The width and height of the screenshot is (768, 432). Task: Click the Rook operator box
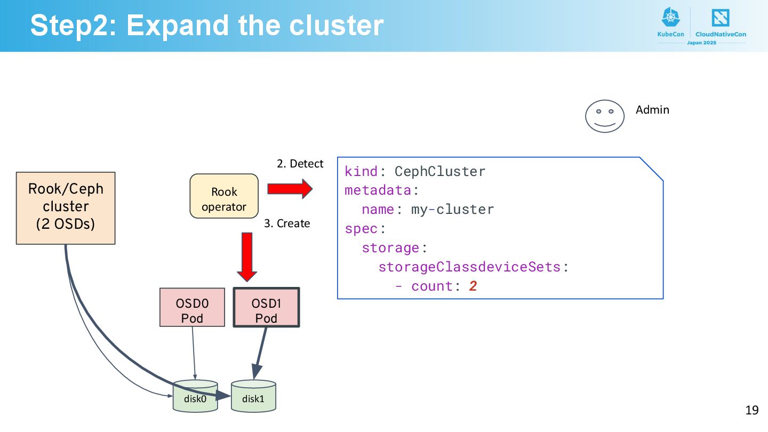click(x=224, y=196)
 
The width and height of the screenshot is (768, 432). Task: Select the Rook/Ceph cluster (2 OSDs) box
click(x=66, y=208)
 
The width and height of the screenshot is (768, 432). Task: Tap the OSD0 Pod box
click(x=193, y=307)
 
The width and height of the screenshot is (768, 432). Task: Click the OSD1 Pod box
click(x=267, y=307)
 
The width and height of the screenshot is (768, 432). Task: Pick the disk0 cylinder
click(x=195, y=396)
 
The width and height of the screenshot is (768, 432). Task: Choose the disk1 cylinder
click(x=253, y=396)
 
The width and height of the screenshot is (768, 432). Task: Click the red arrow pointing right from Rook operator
click(x=290, y=189)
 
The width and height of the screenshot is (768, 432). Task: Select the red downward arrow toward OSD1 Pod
click(x=247, y=257)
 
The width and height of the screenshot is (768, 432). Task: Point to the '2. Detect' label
click(x=300, y=164)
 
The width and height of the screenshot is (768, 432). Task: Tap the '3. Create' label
click(x=287, y=223)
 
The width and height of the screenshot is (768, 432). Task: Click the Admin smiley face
click(x=605, y=116)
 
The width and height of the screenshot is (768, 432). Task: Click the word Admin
click(x=652, y=110)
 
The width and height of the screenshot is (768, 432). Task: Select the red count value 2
click(x=473, y=286)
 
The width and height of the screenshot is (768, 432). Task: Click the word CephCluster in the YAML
click(x=440, y=171)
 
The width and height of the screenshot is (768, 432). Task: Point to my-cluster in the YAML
click(x=453, y=210)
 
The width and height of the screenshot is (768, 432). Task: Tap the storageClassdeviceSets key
click(x=469, y=267)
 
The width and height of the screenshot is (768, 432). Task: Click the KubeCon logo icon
click(x=670, y=17)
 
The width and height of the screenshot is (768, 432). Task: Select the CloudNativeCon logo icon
click(x=721, y=18)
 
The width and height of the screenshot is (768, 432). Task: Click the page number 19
click(x=752, y=410)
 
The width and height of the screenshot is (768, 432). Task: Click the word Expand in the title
click(x=178, y=26)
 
